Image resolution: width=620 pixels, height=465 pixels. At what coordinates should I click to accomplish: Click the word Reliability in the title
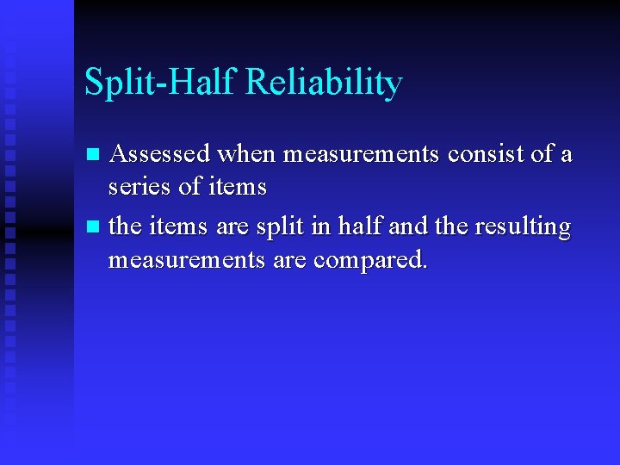[324, 84]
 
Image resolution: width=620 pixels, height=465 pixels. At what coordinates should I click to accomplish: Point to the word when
[246, 154]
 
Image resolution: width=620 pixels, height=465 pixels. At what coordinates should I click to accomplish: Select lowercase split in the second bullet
[280, 227]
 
